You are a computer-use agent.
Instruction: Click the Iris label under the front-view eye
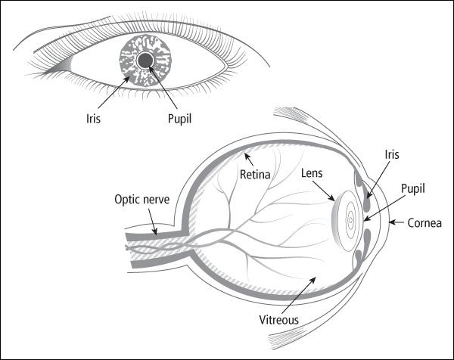(93, 118)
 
